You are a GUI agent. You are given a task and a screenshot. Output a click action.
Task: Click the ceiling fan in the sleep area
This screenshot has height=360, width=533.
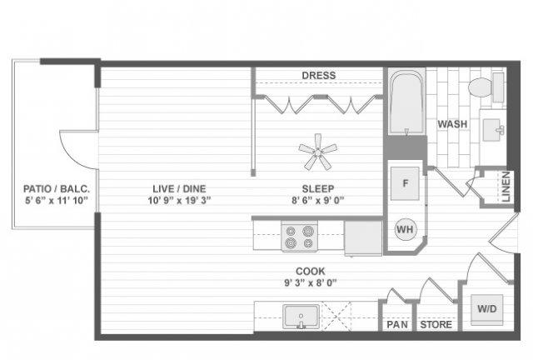(x=318, y=152)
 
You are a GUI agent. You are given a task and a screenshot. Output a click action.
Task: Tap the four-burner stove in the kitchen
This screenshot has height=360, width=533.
(x=300, y=237)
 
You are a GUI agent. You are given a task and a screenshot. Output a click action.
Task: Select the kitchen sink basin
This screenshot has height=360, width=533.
(x=301, y=317)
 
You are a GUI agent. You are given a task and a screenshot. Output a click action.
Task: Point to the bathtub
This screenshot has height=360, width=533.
(x=406, y=102)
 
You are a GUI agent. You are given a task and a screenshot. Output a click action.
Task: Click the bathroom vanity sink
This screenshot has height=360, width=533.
(x=493, y=129)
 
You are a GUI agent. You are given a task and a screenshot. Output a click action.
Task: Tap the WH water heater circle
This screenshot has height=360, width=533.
(x=406, y=229)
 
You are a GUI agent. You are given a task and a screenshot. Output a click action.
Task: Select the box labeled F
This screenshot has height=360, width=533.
(x=405, y=183)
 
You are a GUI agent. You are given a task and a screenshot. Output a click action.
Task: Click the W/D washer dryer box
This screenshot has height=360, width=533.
(x=486, y=309)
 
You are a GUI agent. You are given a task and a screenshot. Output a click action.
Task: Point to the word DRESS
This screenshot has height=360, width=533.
(x=319, y=75)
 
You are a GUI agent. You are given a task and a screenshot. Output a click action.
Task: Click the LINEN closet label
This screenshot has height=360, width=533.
(x=506, y=187)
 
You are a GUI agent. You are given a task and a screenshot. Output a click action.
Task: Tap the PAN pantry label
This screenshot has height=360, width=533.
(x=397, y=325)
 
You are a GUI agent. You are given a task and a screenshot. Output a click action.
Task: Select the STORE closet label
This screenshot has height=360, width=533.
(x=436, y=325)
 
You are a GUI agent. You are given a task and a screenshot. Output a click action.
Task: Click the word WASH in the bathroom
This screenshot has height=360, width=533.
(x=452, y=124)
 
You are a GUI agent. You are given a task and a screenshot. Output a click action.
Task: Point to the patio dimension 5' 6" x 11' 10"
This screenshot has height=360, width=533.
(x=57, y=200)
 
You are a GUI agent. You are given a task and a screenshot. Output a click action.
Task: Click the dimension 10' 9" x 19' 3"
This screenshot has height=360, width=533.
(x=179, y=200)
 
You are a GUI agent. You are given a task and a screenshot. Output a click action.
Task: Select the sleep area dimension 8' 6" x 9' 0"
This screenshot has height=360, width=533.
(x=318, y=200)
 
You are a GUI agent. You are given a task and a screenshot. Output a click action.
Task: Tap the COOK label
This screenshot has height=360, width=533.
(x=311, y=271)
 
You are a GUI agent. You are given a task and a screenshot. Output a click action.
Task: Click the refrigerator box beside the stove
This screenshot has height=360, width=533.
(x=363, y=237)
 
